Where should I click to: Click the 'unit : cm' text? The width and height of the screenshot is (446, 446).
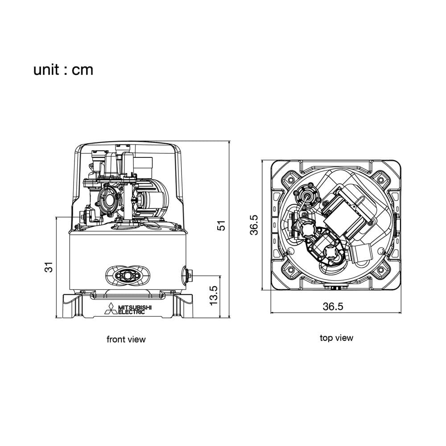tap(63, 70)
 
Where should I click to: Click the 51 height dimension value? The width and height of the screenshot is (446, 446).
tap(221, 226)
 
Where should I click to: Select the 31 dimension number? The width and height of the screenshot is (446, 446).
tap(49, 267)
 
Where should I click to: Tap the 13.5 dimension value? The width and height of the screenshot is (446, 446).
tap(214, 296)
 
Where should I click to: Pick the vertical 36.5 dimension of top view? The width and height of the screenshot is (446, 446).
tap(254, 225)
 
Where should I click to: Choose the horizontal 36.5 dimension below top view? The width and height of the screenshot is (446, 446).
tap(333, 306)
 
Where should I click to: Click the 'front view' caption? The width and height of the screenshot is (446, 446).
tap(126, 339)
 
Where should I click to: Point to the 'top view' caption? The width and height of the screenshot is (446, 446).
tap(336, 338)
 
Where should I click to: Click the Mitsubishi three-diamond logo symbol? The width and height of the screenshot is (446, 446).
tap(110, 309)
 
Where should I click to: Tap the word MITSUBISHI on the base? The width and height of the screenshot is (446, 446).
tap(135, 307)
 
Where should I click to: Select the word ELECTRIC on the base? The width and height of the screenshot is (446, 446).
tap(132, 312)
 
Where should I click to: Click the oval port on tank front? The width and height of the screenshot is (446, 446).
tap(128, 276)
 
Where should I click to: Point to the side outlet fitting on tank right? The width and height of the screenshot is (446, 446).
tap(187, 276)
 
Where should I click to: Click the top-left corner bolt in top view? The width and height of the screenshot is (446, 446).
tap(290, 180)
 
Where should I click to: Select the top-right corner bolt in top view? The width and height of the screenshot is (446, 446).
tap(380, 180)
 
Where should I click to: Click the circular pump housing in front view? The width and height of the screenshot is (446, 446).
tap(110, 199)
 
